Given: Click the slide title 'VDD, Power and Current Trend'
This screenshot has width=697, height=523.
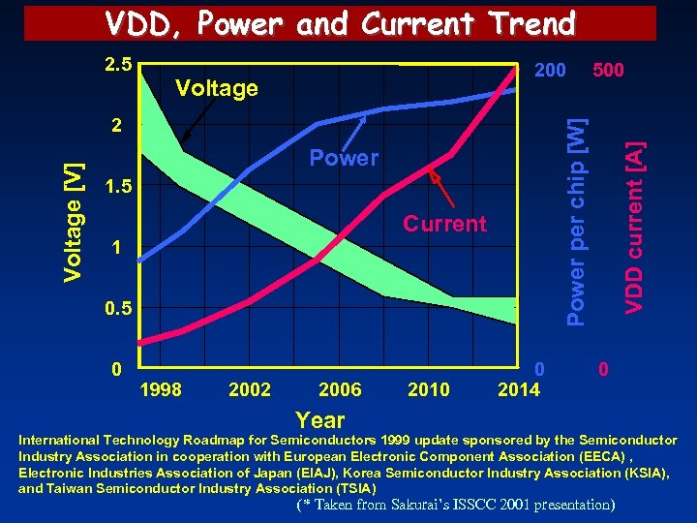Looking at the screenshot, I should click(340, 22).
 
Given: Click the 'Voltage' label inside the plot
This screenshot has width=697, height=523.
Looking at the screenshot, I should click(216, 89).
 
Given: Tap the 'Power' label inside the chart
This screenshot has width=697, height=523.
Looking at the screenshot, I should click(344, 158).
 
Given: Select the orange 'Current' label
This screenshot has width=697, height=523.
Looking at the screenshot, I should click(444, 225).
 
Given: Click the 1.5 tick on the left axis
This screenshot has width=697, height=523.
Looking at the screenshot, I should click(116, 186).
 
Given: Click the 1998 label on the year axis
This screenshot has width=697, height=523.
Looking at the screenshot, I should click(161, 389).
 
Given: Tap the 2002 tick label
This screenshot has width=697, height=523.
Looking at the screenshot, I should click(250, 389).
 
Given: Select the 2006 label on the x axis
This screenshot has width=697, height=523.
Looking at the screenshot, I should click(340, 389).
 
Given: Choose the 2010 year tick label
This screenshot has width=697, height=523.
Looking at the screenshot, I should click(429, 389).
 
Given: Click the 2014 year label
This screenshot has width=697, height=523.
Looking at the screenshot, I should click(519, 389).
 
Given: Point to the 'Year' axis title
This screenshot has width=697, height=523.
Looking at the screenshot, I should click(320, 419).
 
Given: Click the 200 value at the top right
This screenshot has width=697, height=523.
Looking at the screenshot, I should click(551, 70).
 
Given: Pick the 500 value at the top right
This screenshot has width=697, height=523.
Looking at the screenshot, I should click(608, 70).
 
